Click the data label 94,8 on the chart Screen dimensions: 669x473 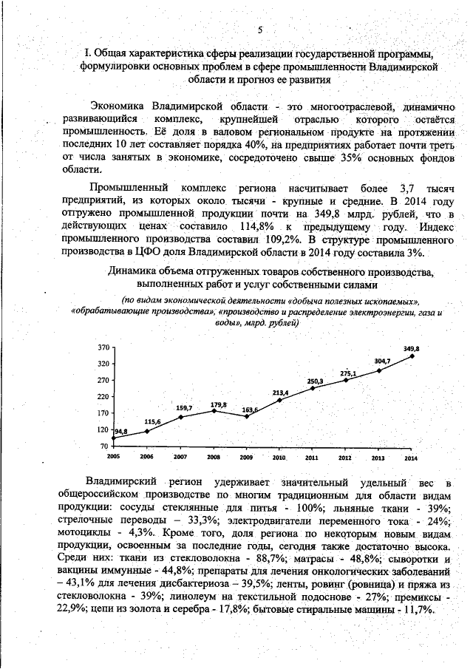coord(120,431)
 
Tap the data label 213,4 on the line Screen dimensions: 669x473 coord(280,392)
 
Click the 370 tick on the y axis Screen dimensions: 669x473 coord(103,347)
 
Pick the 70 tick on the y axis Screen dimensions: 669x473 coord(105,446)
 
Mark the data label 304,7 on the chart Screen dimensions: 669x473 coord(382,361)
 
